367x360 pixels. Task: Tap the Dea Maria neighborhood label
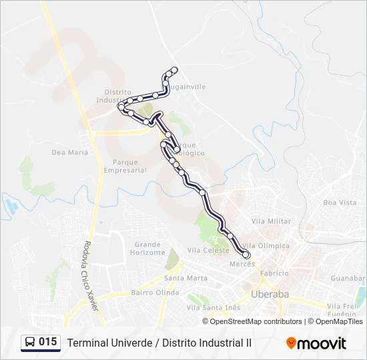tap(70, 153)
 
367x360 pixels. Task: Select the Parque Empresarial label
tap(125, 166)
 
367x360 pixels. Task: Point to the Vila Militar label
tap(272, 221)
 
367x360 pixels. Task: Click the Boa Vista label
tap(340, 203)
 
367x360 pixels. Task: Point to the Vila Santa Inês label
tap(213, 307)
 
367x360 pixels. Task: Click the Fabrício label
tap(274, 273)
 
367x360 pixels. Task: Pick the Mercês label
tap(242, 264)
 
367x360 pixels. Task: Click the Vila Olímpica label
tap(267, 245)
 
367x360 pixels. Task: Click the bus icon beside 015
tap(30, 343)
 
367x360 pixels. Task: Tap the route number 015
tap(48, 342)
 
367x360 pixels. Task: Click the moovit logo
tap(316, 343)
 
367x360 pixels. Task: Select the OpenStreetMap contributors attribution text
tap(256, 321)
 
